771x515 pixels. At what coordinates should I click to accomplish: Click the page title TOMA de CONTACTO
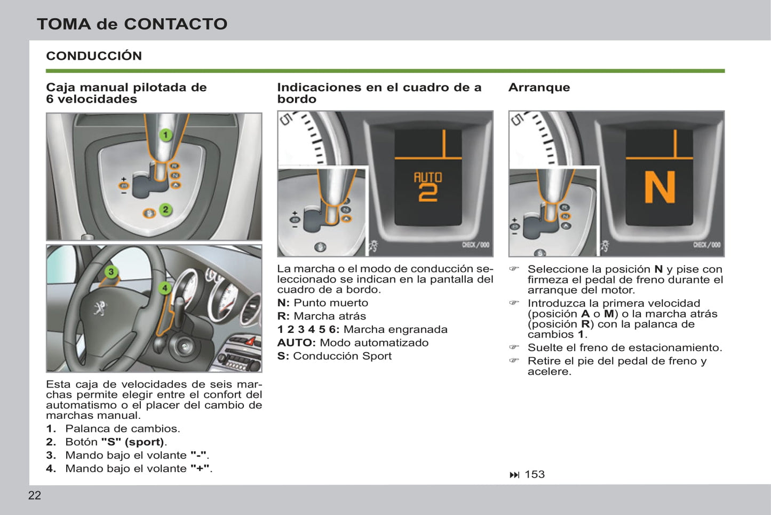(x=132, y=24)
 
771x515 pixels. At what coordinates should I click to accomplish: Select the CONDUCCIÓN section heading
(x=94, y=56)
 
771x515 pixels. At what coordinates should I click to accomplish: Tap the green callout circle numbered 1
(x=165, y=135)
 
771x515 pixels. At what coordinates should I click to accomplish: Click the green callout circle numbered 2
(x=165, y=209)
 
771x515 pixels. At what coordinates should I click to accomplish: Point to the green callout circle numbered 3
(x=111, y=272)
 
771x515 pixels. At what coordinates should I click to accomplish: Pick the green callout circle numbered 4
(x=165, y=288)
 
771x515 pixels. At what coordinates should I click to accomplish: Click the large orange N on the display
(x=659, y=188)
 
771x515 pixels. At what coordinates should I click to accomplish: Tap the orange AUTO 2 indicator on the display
(x=428, y=186)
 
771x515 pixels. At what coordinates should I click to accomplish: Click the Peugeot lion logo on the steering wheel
(x=100, y=308)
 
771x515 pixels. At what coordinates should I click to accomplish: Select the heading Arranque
(x=539, y=88)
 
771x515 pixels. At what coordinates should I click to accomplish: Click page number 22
(x=34, y=496)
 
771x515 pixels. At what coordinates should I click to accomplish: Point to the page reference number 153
(x=535, y=474)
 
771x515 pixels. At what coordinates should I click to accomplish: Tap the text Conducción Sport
(x=342, y=356)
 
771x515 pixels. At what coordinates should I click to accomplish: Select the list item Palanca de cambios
(x=122, y=429)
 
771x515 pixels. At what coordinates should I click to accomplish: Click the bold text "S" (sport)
(x=133, y=442)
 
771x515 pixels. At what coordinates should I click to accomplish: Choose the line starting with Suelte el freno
(x=624, y=348)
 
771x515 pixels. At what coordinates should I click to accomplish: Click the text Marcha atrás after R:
(x=330, y=316)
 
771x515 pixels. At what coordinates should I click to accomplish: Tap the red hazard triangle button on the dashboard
(x=250, y=341)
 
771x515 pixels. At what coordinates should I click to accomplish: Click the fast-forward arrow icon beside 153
(x=514, y=475)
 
